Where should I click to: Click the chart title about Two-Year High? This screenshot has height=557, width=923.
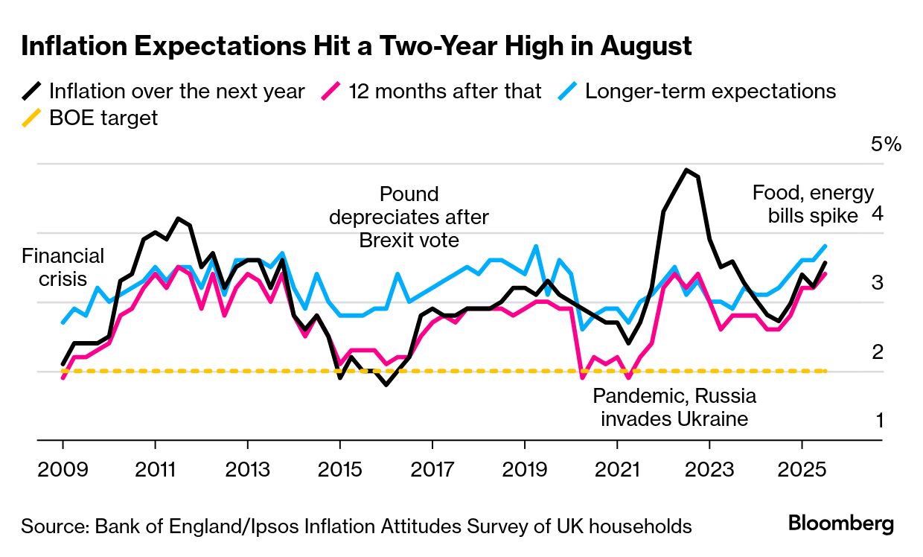coord(357,46)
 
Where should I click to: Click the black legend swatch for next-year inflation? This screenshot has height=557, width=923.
coord(32,92)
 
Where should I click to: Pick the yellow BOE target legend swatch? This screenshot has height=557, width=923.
coord(32,118)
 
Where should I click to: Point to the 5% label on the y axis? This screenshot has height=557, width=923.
coord(886,144)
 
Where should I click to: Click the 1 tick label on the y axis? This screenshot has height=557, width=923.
coord(878,421)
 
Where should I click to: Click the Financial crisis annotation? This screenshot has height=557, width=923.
coord(63,267)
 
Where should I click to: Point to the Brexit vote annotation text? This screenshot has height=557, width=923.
coord(409,217)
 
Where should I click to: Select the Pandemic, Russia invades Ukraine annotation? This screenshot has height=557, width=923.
coord(674,407)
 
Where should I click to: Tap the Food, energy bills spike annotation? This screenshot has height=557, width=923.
coord(813,204)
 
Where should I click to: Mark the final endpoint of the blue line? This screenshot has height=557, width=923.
coord(825,246)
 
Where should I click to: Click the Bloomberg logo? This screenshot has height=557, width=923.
coord(841,524)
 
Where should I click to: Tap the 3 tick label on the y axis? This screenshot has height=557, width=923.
coord(878,282)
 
